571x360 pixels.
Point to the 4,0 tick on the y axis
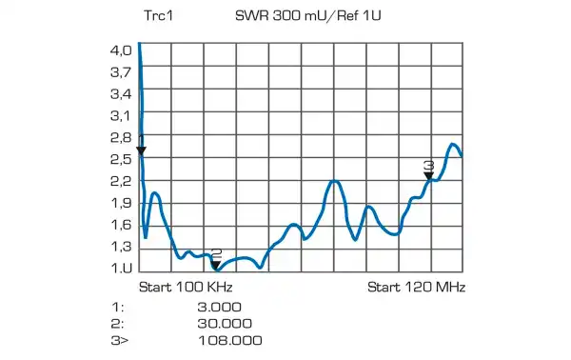point(121,50)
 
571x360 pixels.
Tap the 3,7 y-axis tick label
point(121,71)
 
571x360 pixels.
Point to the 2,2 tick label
point(121,181)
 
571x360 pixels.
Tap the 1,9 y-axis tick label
point(121,203)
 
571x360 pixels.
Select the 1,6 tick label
point(121,225)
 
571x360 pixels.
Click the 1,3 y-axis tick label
point(121,247)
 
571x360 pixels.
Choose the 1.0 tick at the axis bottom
point(121,269)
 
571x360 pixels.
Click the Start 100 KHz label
point(187,287)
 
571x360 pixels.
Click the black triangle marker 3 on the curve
point(429,175)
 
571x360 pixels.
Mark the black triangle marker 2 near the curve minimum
point(216,266)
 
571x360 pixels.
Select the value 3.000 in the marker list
point(219,307)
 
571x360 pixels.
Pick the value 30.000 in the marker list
point(219,323)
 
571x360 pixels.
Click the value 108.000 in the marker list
point(229,340)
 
